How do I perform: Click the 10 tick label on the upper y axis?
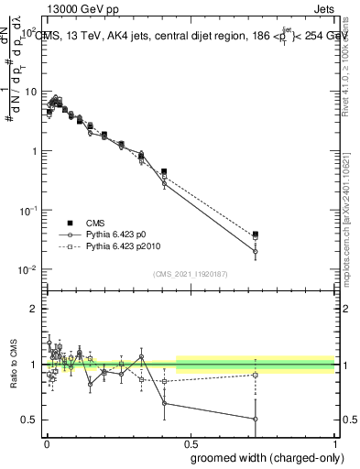pyautogui.click(x=31, y=92)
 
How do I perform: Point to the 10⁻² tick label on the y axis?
pyautogui.click(x=28, y=269)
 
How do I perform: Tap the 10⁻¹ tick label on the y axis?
pyautogui.click(x=28, y=210)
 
